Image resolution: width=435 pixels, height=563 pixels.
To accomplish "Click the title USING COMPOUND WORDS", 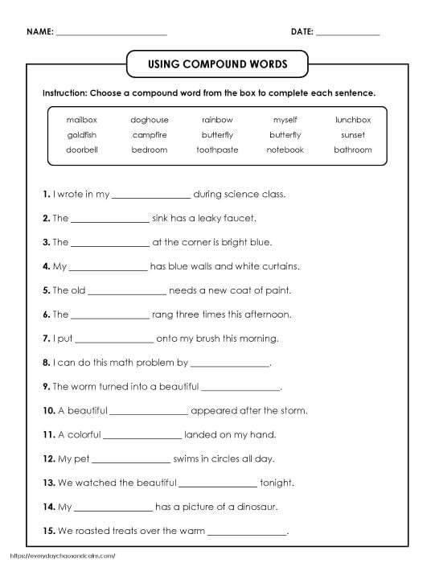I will pyautogui.click(x=217, y=64).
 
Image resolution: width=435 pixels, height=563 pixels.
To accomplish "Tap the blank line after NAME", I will pyautogui.click(x=112, y=34).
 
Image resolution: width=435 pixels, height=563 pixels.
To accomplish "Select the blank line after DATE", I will pyautogui.click(x=347, y=34).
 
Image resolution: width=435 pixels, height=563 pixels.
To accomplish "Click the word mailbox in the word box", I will pyautogui.click(x=80, y=120).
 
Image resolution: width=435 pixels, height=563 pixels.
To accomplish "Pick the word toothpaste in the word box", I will pyautogui.click(x=216, y=150).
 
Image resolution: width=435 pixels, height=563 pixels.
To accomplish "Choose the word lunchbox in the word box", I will pyautogui.click(x=352, y=120).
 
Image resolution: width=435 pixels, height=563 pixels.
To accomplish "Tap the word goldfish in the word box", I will pyautogui.click(x=80, y=135).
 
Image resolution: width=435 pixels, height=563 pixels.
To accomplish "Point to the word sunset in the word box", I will pyautogui.click(x=352, y=135).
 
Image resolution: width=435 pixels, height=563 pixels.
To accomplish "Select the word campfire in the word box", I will pyautogui.click(x=149, y=135).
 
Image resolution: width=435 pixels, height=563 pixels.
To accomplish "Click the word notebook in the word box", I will pyautogui.click(x=285, y=150).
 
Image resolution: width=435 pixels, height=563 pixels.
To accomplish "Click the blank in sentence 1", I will pyautogui.click(x=151, y=195).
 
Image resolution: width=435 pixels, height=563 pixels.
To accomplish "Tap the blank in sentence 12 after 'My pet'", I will pyautogui.click(x=132, y=460).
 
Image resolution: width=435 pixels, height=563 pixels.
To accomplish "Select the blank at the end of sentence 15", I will pyautogui.click(x=247, y=532).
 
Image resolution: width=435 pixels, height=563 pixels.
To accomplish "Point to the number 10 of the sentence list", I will pyautogui.click(x=48, y=411).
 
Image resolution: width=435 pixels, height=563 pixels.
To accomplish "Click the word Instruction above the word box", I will pyautogui.click(x=66, y=92).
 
